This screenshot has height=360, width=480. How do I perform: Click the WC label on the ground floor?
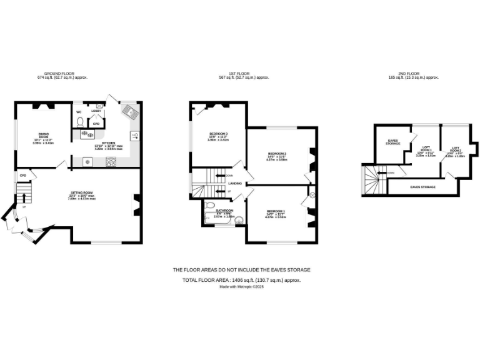coord(79,112)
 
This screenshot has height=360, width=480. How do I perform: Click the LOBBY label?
coord(96,111)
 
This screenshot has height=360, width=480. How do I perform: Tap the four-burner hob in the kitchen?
coord(112,162)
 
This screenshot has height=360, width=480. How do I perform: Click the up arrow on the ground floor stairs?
coord(24,196)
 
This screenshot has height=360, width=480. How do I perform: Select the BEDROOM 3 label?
coord(217,134)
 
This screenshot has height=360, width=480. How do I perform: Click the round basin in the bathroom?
coord(238,219)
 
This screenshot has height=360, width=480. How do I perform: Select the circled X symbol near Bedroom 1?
coord(313,195)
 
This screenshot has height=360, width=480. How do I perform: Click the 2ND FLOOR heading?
coord(413,74)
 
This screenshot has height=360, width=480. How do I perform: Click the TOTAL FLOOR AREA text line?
coord(241,281)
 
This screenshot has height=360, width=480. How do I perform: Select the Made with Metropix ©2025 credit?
coord(241,287)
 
